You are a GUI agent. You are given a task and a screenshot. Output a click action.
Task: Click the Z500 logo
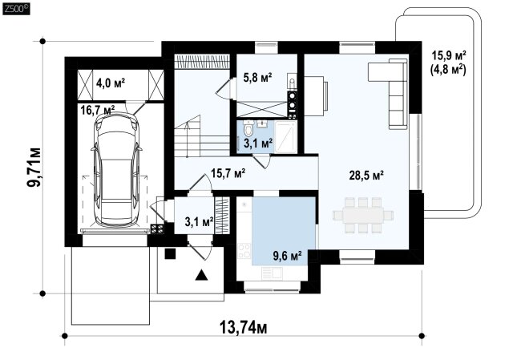click(16, 10)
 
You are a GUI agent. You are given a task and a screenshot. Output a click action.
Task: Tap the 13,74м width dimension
click(244, 327)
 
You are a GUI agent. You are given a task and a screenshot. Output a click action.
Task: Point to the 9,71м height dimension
click(34, 168)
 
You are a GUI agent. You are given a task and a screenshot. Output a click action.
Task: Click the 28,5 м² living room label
click(366, 175)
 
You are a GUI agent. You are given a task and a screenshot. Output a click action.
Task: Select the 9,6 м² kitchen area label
click(288, 257)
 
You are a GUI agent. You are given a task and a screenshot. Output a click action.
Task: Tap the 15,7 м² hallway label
click(228, 173)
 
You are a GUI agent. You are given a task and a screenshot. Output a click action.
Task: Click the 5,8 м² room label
click(257, 78)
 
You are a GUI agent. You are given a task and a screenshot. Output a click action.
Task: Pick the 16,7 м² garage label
click(98, 110)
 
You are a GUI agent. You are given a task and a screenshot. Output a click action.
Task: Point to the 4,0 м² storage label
click(111, 83)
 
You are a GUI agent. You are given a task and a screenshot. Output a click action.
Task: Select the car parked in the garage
click(115, 170)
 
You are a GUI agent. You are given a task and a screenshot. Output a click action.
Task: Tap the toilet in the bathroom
click(248, 129)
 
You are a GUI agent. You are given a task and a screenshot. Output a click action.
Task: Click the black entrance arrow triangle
click(201, 275)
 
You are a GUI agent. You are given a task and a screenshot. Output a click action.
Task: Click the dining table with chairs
click(363, 215)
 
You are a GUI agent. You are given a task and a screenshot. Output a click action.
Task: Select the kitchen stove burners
click(244, 250)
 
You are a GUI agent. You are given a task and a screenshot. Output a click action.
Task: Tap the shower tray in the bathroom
click(285, 137)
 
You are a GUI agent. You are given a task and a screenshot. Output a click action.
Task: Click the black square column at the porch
click(170, 253)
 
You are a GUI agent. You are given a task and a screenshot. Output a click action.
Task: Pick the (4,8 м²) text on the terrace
click(448, 71)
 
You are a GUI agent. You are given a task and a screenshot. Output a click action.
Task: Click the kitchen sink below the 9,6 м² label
click(272, 273)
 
